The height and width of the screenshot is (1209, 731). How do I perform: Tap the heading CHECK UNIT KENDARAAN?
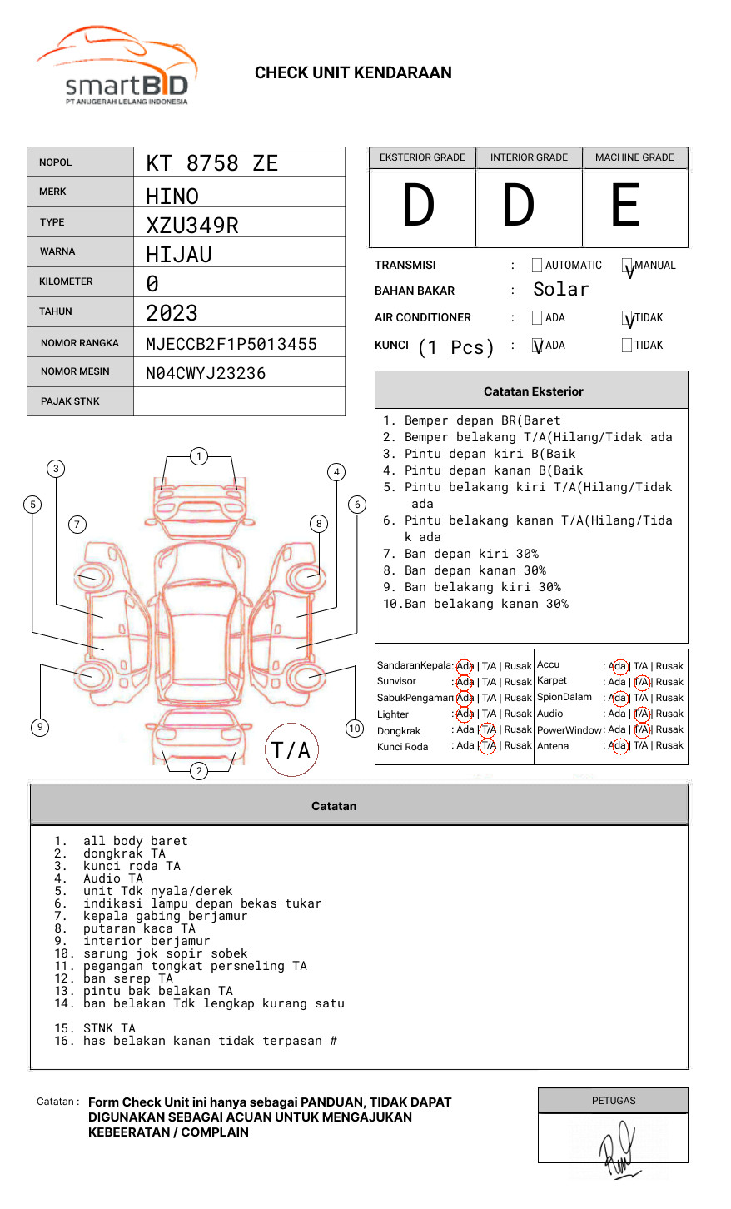click(353, 73)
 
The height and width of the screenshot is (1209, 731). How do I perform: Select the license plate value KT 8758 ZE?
click(211, 163)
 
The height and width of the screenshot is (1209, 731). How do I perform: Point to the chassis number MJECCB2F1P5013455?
click(231, 344)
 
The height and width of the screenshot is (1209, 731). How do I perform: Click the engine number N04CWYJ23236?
click(206, 373)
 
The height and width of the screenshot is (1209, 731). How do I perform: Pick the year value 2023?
click(172, 313)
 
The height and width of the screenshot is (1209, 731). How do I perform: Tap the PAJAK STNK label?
click(70, 401)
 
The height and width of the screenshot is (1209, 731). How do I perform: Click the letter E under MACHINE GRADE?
click(626, 206)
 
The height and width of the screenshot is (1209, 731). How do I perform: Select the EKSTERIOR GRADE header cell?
click(422, 157)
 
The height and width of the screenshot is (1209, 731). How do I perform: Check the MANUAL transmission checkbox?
click(627, 266)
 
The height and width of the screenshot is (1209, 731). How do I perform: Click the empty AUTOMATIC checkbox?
click(537, 266)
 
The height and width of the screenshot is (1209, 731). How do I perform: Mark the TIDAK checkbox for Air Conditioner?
click(627, 318)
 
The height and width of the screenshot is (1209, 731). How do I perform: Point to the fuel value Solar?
click(560, 290)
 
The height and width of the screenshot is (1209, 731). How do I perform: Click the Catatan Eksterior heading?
click(533, 391)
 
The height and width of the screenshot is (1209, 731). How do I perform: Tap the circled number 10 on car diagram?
click(355, 729)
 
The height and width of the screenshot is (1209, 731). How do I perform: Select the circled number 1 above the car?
click(198, 456)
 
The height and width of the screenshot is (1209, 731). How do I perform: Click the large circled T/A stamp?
click(291, 749)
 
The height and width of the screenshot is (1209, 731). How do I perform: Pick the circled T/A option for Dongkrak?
click(489, 730)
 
